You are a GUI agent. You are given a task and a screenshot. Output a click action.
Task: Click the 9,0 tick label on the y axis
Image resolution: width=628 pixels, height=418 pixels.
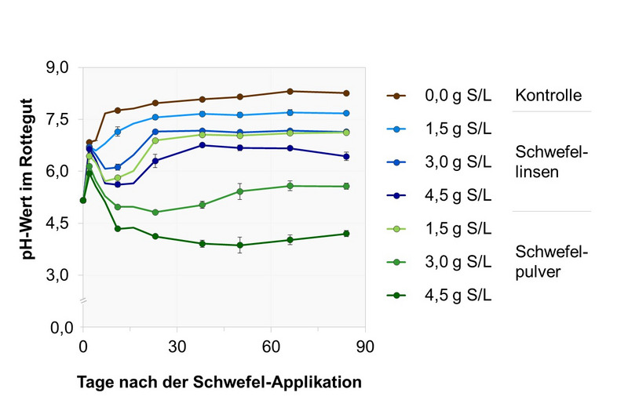(x=59, y=68)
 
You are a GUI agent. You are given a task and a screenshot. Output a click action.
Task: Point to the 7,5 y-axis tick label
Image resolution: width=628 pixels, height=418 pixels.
(x=59, y=119)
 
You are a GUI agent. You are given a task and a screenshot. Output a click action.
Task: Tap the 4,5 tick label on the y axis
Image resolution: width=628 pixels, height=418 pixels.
(x=59, y=224)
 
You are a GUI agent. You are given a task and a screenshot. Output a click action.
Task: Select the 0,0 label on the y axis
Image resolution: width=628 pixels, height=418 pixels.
(x=59, y=327)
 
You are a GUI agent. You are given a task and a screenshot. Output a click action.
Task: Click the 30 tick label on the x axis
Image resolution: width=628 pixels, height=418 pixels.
(x=177, y=346)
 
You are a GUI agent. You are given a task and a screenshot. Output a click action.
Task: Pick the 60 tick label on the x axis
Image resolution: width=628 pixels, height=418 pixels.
(x=271, y=346)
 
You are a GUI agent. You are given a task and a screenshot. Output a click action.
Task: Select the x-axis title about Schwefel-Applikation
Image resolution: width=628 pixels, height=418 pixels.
(x=219, y=383)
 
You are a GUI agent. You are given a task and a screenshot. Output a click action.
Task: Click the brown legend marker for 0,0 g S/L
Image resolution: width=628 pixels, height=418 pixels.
(x=401, y=96)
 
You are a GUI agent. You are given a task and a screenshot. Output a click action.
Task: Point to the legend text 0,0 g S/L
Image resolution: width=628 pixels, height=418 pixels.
(x=458, y=96)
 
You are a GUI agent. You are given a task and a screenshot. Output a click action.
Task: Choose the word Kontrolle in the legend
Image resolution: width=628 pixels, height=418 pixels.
(x=548, y=96)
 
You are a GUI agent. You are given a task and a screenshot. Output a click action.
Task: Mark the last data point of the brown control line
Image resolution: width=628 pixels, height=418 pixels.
(x=346, y=93)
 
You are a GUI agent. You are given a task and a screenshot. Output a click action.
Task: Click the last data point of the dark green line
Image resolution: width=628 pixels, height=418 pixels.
(x=346, y=234)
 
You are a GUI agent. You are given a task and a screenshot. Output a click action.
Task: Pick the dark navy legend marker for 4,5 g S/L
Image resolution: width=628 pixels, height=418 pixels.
(x=401, y=195)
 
